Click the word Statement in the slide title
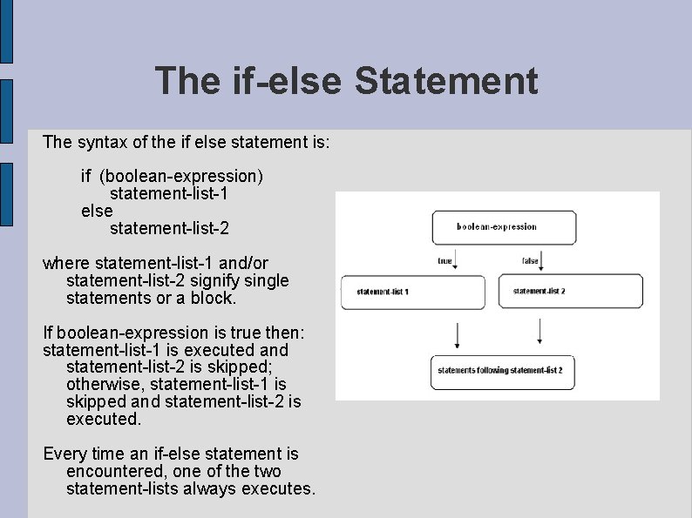tap(447, 81)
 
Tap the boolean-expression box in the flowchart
tap(504, 227)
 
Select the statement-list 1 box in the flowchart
tap(411, 292)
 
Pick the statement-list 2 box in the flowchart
tap(570, 291)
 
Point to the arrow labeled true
tap(457, 262)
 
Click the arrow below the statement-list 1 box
tap(457, 335)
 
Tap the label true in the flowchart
tap(444, 260)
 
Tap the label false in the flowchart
tap(529, 260)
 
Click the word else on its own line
tap(97, 211)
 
